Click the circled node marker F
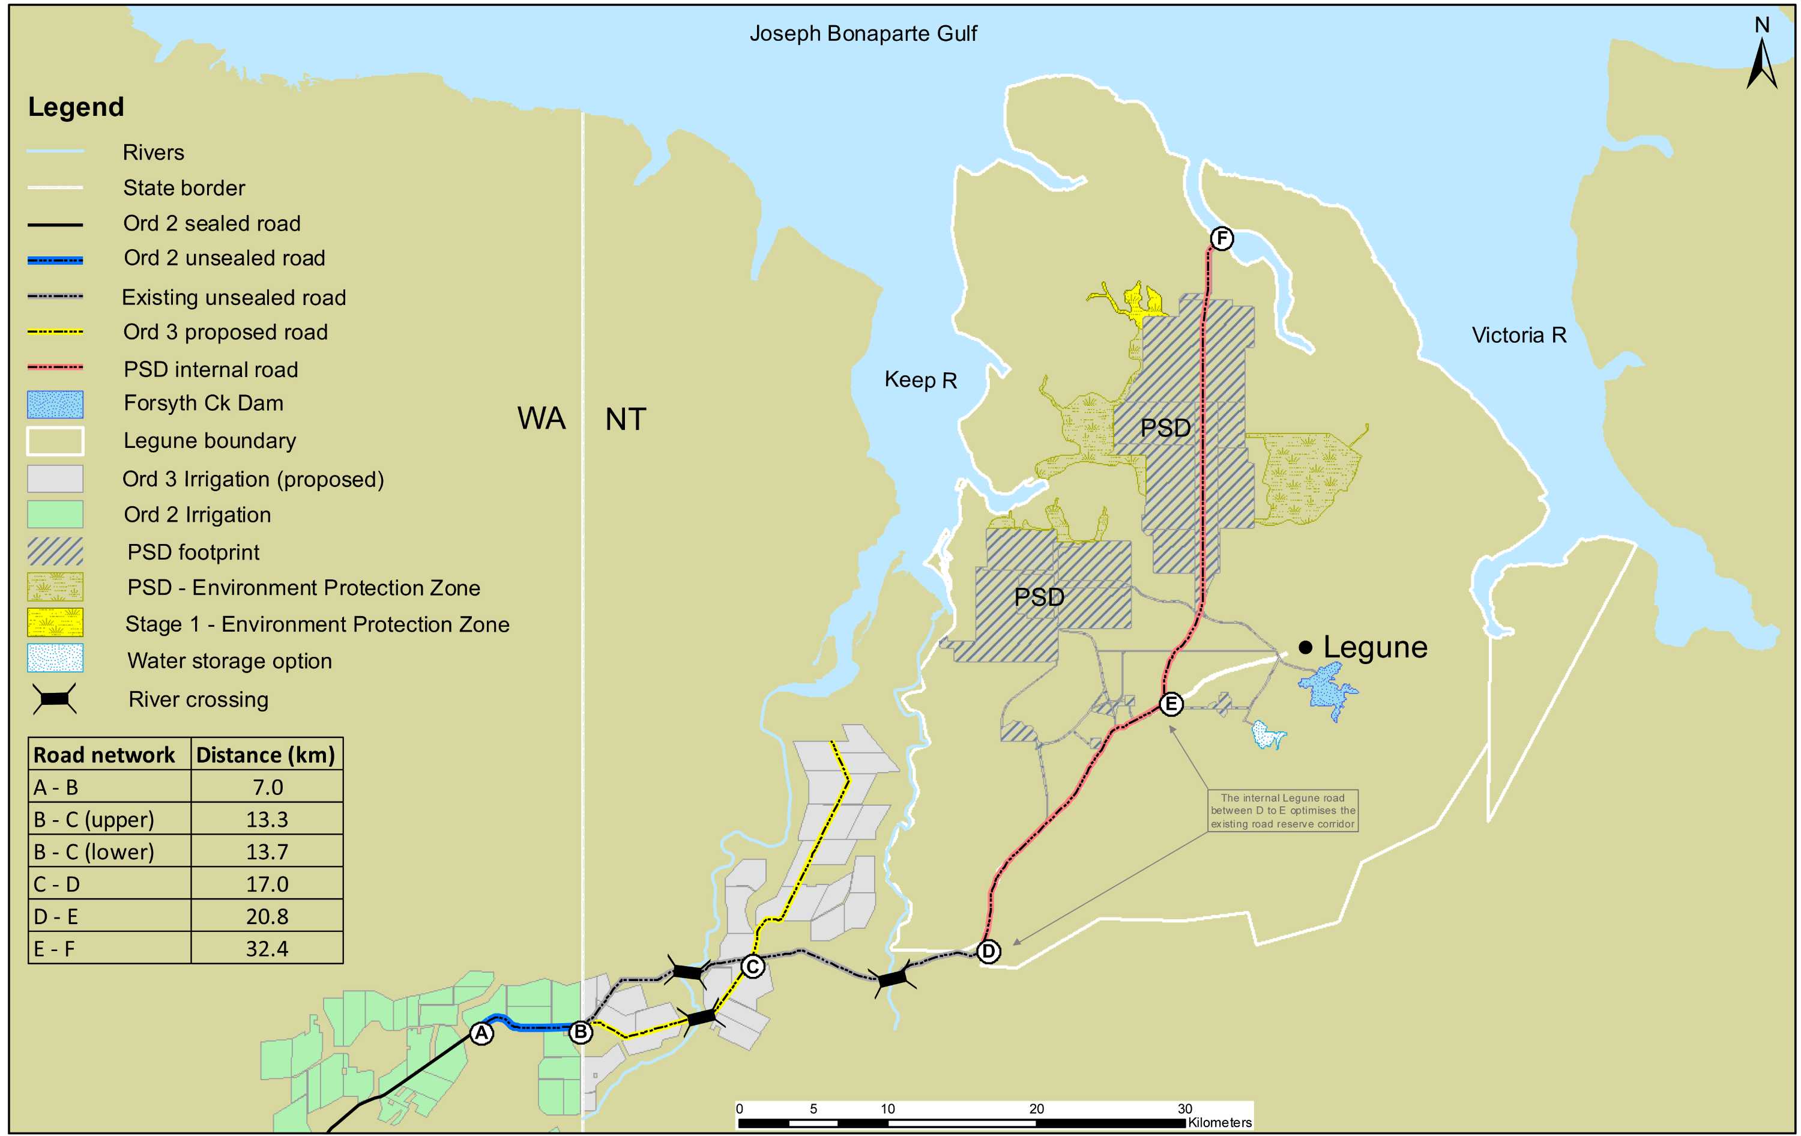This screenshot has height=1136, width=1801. coord(1221,238)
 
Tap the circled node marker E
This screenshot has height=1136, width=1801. coord(1171,704)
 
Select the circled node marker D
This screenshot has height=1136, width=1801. coord(989,951)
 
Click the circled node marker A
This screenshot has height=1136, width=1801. coord(481,1033)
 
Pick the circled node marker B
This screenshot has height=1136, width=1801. coord(581,1032)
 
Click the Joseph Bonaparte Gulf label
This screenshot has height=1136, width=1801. coord(863,34)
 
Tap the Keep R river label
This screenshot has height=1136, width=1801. coord(920,380)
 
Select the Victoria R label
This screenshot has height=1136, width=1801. coord(1518,335)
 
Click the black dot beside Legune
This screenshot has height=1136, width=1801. coord(1305,647)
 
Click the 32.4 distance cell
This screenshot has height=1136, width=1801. coord(267,948)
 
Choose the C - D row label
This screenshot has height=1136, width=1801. coord(57,884)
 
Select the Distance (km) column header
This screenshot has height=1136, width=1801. coord(265,755)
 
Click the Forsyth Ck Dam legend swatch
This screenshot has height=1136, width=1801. coord(55,405)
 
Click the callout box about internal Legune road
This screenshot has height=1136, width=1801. coord(1283,811)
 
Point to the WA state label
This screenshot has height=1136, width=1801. coord(542,419)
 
